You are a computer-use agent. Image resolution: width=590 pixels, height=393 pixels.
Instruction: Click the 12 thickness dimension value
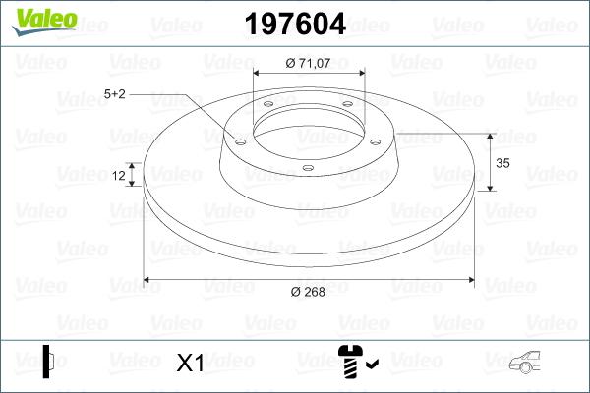coord(119,176)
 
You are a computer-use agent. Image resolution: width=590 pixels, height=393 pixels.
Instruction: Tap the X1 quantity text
coord(189,364)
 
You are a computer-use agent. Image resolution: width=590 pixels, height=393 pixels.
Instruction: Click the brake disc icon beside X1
coord(47,362)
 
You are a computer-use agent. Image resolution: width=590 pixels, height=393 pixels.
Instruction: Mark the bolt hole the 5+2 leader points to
coord(239,138)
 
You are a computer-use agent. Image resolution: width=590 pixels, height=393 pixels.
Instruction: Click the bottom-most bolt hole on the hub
coord(308,168)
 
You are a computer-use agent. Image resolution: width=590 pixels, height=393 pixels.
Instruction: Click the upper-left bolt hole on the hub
coord(268,106)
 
